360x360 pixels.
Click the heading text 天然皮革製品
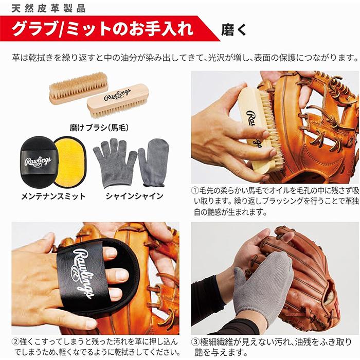click(x=48, y=9)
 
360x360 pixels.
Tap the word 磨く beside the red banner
click(x=233, y=30)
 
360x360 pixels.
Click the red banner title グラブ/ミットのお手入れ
click(x=102, y=29)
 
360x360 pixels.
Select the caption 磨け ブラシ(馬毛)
click(x=99, y=128)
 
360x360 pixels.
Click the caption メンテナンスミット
click(x=53, y=196)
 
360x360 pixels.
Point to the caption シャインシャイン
click(x=135, y=196)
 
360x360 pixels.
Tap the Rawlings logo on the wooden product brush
click(x=117, y=94)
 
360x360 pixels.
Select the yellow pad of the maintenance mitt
click(x=70, y=160)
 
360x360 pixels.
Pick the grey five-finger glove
click(x=115, y=163)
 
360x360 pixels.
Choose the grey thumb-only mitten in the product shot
click(x=153, y=162)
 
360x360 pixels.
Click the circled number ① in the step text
click(x=195, y=190)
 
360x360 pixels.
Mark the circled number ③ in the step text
click(x=195, y=342)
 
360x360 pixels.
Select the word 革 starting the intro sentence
click(x=16, y=58)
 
